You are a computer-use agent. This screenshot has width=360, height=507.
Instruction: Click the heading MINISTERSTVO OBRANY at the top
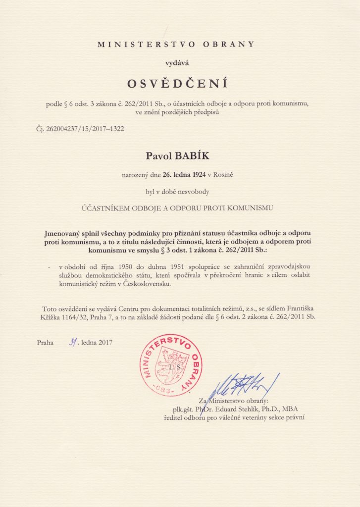(x=176, y=44)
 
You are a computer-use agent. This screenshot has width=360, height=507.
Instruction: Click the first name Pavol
(x=157, y=156)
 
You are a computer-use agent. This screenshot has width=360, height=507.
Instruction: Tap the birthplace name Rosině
(x=224, y=174)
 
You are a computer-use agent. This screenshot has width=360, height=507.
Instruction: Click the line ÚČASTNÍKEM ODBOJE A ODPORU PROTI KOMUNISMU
(x=177, y=208)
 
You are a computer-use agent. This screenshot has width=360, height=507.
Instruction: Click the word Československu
(x=143, y=284)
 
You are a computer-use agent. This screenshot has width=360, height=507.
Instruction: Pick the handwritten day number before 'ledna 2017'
(x=73, y=341)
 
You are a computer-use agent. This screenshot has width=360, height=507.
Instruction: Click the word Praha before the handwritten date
(x=45, y=342)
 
